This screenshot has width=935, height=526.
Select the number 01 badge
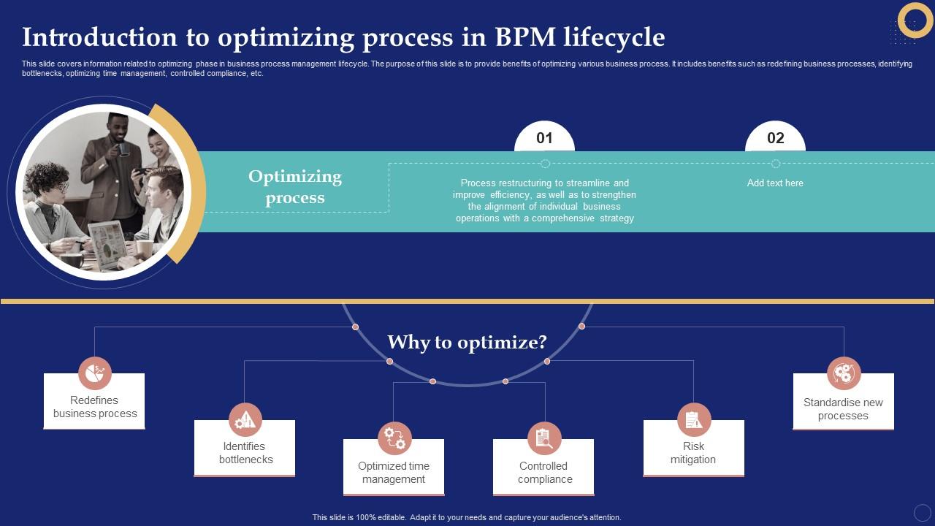(544, 138)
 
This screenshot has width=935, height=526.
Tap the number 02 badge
(775, 138)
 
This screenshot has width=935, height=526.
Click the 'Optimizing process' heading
(295, 187)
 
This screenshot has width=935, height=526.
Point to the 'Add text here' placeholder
(774, 183)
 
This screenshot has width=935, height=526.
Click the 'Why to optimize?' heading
(467, 342)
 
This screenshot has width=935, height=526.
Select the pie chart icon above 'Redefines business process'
(95, 373)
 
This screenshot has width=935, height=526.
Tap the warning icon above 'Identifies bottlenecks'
(245, 419)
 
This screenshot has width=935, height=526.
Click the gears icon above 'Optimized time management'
(394, 438)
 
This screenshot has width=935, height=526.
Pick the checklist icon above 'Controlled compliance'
(544, 438)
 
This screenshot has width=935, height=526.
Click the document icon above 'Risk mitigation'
(693, 419)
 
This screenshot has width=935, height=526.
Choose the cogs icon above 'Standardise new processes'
(844, 373)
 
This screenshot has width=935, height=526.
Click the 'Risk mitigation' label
(693, 453)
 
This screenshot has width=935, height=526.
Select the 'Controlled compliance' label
(544, 473)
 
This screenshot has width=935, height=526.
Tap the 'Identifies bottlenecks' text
(245, 453)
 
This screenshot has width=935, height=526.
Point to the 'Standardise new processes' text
(843, 409)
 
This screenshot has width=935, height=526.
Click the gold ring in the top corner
(915, 20)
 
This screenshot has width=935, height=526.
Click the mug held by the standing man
(123, 148)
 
